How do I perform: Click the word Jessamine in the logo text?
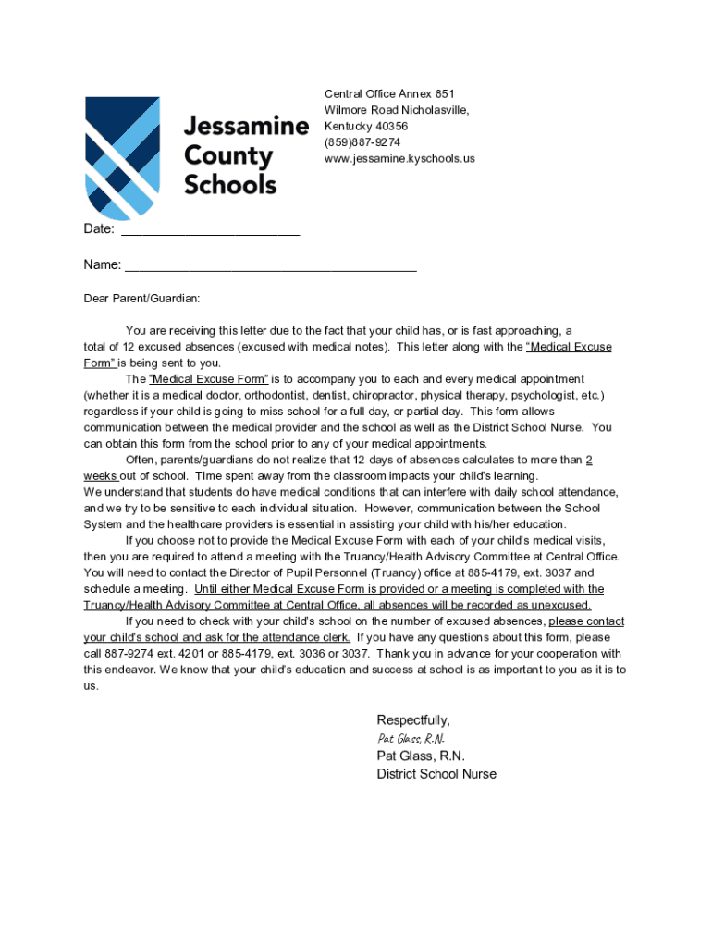click(x=246, y=127)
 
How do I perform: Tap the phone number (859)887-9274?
click(x=362, y=142)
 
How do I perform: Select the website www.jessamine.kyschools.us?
click(x=399, y=158)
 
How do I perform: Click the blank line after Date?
click(x=211, y=229)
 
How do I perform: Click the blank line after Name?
click(x=270, y=265)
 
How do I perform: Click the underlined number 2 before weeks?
click(x=589, y=460)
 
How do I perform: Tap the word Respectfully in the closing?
click(x=413, y=720)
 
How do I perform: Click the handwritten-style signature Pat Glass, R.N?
click(x=411, y=738)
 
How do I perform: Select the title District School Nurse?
click(x=436, y=774)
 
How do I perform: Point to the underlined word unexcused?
click(x=559, y=605)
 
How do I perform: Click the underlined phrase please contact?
click(x=586, y=621)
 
